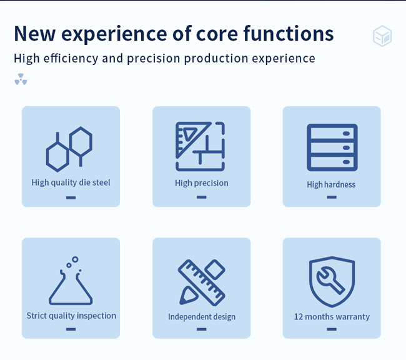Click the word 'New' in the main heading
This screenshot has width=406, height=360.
[x=35, y=34]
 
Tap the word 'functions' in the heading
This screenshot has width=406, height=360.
[x=289, y=33]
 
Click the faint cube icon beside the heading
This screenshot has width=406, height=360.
[x=382, y=36]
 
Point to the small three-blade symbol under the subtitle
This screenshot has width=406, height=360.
[x=21, y=79]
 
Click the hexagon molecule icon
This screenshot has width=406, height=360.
[x=69, y=149]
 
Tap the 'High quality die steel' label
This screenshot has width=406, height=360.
[x=71, y=182]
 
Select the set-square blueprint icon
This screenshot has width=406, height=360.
[x=200, y=146]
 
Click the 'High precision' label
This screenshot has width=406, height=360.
[x=202, y=183]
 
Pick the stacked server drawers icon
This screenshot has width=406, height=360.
[x=332, y=147]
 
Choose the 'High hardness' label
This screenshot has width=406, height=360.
[x=331, y=184]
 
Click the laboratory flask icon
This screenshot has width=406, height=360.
[x=71, y=281]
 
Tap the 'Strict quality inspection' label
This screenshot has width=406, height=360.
[x=71, y=316]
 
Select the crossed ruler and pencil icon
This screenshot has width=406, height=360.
[x=202, y=282]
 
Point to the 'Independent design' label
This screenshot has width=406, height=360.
[x=202, y=317]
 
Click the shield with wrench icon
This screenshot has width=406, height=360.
[x=332, y=282]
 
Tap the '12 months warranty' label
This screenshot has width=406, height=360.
[x=332, y=317]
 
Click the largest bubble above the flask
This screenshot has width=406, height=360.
[x=75, y=259]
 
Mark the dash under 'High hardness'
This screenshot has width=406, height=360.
[x=332, y=197]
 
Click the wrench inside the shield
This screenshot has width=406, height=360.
[x=330, y=280]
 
